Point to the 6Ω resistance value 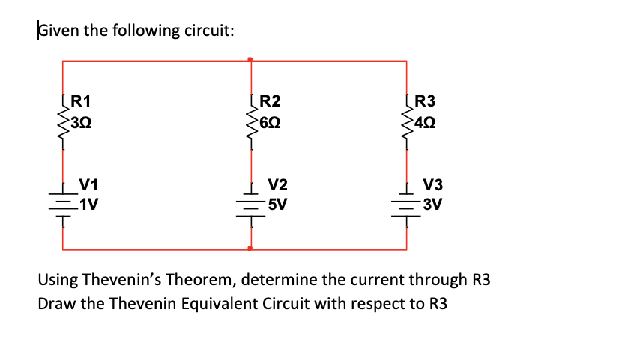pyautogui.click(x=270, y=120)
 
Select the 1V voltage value pyautogui.click(x=90, y=202)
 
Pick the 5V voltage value pyautogui.click(x=278, y=202)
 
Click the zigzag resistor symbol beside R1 pyautogui.click(x=61, y=120)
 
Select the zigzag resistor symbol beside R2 pyautogui.click(x=250, y=120)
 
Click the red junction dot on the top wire pyautogui.click(x=250, y=59)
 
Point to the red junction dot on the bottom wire pyautogui.click(x=250, y=247)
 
